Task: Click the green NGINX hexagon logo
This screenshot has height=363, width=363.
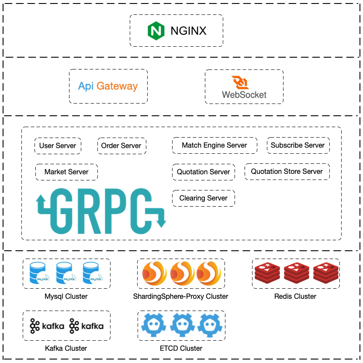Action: pyautogui.click(x=156, y=31)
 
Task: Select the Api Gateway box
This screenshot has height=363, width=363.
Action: pyautogui.click(x=108, y=86)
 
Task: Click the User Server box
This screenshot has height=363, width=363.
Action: pyautogui.click(x=58, y=145)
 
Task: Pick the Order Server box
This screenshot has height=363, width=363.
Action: pyautogui.click(x=121, y=145)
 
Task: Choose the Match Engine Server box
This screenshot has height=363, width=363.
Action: pyautogui.click(x=214, y=145)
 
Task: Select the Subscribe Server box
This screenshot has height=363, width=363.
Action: pyautogui.click(x=297, y=145)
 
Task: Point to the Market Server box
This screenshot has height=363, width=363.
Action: pyautogui.click(x=66, y=172)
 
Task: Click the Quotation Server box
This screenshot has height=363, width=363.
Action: pyautogui.click(x=204, y=172)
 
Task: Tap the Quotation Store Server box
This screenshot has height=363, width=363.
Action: pyautogui.click(x=287, y=171)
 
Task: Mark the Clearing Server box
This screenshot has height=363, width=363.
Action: pyautogui.click(x=204, y=198)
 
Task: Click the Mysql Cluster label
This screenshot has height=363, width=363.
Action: pyautogui.click(x=66, y=297)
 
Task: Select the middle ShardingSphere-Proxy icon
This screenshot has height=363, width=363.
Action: pyautogui.click(x=181, y=273)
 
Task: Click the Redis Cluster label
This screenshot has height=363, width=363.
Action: pyautogui.click(x=295, y=297)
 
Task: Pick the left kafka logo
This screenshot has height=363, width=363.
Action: pyautogui.click(x=47, y=326)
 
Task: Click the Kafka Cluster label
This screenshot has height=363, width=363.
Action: pyautogui.click(x=66, y=348)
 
